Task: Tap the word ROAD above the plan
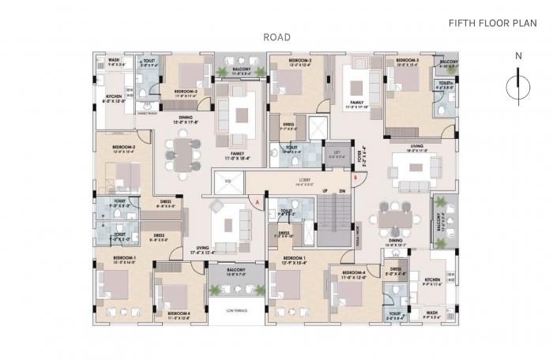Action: [277, 37]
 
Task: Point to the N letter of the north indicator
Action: [517, 56]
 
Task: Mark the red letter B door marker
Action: [356, 178]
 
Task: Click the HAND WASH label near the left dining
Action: [148, 114]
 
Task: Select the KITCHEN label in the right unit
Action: [431, 281]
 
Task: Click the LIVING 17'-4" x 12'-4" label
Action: [203, 250]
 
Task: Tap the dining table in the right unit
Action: [394, 216]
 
